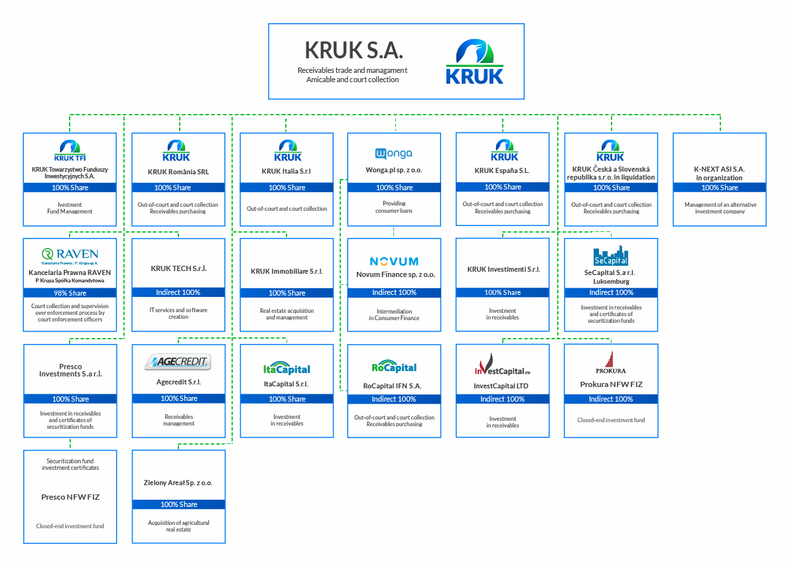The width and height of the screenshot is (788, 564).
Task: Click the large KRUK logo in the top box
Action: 474,62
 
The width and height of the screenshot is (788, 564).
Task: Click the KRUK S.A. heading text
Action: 354,50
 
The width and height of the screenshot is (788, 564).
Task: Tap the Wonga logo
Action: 394,154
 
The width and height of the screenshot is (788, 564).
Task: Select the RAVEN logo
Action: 70,255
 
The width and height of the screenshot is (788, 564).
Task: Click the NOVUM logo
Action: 394,261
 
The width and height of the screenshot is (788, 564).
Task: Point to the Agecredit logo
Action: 178,362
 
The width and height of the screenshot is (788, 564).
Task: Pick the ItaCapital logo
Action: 287,368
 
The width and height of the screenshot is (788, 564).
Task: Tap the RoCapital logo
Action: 394,367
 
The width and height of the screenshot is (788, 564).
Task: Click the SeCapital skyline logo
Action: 611,256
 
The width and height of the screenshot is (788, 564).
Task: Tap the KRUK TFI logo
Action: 70,149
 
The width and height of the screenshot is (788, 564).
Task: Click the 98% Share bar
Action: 70,293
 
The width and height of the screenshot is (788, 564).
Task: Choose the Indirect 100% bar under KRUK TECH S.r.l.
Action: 178,292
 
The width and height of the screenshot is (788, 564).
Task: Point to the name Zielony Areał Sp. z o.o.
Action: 178,483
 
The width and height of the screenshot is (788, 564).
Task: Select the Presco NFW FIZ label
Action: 70,497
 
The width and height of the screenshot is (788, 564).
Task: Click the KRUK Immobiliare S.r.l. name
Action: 287,272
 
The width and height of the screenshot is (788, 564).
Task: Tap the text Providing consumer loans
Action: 394,207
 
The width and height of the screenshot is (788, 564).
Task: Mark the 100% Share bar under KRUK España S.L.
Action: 503,187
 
